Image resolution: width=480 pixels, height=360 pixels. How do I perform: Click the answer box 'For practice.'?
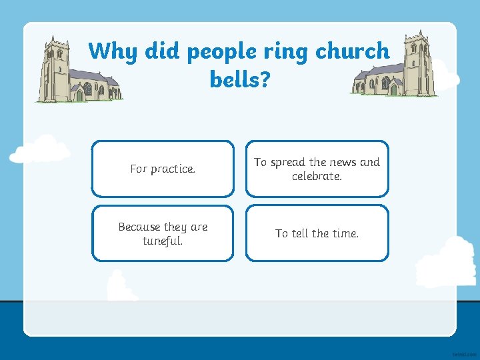[x=163, y=169]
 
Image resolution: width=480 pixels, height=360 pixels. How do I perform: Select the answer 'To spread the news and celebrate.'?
[x=317, y=169]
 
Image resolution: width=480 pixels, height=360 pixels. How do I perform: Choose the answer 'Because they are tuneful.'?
[x=163, y=233]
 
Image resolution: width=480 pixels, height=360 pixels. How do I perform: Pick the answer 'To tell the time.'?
[x=317, y=233]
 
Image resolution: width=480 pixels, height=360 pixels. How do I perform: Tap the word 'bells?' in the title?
[x=240, y=80]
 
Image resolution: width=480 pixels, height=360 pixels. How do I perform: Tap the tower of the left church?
[x=55, y=67]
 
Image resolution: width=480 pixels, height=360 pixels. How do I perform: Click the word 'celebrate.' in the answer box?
[x=317, y=176]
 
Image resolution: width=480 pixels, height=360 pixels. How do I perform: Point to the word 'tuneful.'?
[x=163, y=240]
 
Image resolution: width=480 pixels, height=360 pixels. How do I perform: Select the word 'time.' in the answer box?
[x=345, y=233]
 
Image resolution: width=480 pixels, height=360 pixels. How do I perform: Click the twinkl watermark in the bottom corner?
[x=462, y=351]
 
